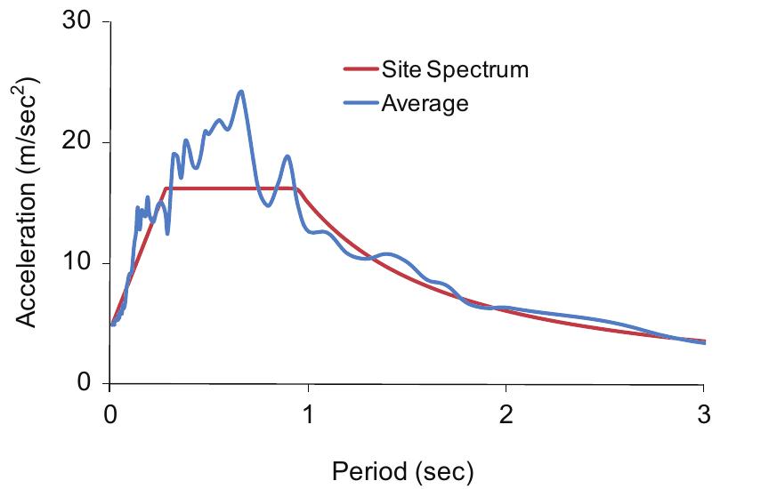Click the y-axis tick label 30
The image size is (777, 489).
79,21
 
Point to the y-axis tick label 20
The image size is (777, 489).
79,142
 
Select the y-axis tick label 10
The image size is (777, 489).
79,263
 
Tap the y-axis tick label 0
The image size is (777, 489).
86,383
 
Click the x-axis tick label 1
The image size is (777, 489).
307,413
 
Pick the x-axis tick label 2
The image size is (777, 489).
506,413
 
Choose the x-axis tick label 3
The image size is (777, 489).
704,413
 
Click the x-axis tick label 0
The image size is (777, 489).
109,413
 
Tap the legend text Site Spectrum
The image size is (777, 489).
455,70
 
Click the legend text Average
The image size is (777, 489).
425,103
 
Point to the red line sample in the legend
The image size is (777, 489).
360,70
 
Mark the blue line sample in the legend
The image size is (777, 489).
360,103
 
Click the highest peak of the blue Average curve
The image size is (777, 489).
240,92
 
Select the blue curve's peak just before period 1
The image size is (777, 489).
287,156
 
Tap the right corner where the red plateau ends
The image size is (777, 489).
296,188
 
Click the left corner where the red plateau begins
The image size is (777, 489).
166,188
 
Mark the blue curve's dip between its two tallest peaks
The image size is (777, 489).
267,205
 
